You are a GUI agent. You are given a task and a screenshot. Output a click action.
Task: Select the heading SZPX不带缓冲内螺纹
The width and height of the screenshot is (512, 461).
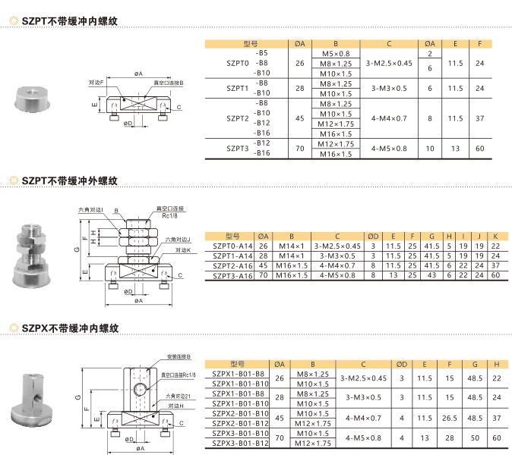[70, 328]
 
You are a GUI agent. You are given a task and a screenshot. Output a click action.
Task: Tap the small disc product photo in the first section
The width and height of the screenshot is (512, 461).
[31, 97]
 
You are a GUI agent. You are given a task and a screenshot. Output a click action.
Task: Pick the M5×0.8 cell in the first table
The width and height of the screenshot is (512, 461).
[336, 54]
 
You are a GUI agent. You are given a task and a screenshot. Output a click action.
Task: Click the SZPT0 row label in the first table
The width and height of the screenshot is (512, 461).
[238, 64]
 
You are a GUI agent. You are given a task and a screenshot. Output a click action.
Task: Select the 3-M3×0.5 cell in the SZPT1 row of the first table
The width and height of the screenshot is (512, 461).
[389, 88]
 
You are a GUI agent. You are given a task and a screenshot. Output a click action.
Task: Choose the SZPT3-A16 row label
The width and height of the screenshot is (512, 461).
[232, 275]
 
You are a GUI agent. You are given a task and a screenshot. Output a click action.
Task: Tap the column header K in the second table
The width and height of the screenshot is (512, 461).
[495, 236]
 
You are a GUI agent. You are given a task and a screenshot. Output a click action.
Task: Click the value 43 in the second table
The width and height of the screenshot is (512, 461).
[431, 275]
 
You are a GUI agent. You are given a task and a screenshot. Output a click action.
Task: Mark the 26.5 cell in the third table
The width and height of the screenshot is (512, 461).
[450, 417]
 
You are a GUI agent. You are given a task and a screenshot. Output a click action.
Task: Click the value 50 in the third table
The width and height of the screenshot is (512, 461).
[475, 437]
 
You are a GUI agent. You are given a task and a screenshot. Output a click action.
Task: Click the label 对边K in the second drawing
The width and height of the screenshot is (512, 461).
[182, 249]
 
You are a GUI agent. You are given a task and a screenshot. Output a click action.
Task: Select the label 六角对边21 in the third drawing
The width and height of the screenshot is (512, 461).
[179, 395]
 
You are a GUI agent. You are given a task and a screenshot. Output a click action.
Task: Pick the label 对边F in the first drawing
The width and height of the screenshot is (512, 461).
[96, 82]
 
